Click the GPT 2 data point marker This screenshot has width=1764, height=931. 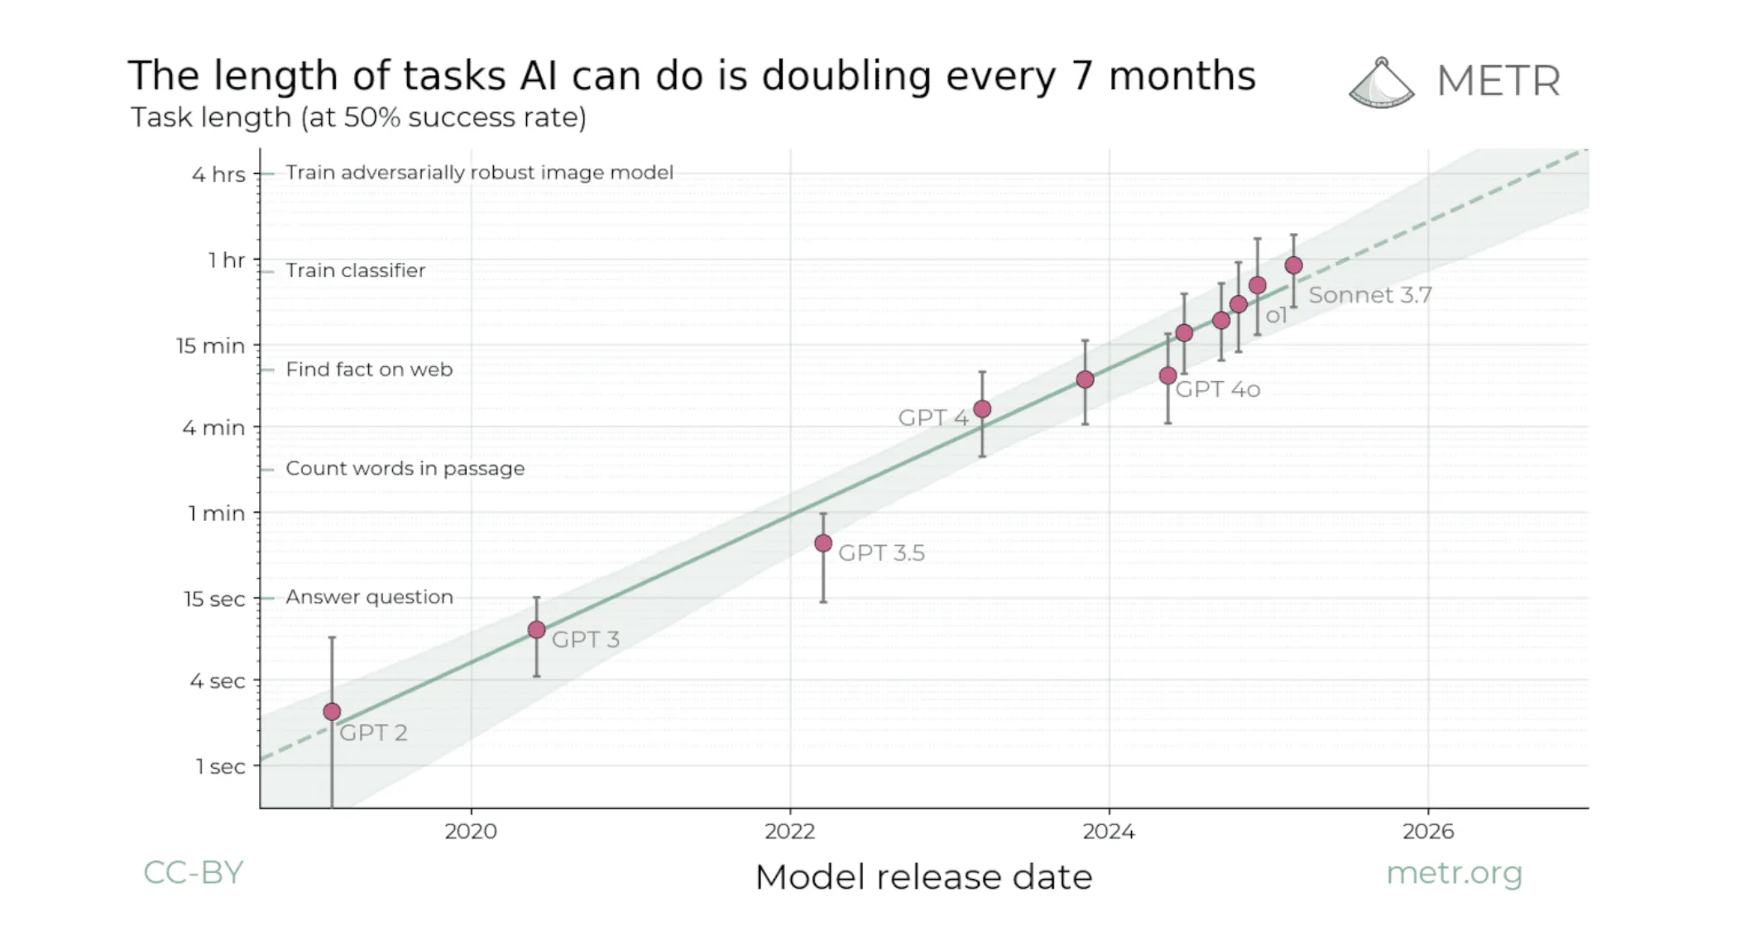click(332, 712)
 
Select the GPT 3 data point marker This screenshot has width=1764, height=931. click(536, 630)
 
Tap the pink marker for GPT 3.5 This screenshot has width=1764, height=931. click(823, 543)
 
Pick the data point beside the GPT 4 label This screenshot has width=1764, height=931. click(982, 409)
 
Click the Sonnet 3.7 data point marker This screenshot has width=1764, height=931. click(1293, 265)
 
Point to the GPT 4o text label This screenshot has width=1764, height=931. click(1217, 389)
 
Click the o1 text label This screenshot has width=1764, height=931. click(1276, 316)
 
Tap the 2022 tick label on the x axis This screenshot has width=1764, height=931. click(789, 832)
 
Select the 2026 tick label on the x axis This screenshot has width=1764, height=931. click(1427, 832)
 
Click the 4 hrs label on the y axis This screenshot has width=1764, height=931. click(218, 174)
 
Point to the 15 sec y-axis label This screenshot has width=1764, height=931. click(214, 599)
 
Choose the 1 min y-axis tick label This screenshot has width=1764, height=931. click(217, 513)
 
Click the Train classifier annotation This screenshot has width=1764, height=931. click(355, 270)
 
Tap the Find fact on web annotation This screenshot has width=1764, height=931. click(369, 370)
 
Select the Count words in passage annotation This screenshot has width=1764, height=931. click(405, 469)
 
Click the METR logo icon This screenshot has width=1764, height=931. click(1381, 83)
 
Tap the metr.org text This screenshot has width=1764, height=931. click(1454, 873)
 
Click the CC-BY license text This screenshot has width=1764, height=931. click(193, 873)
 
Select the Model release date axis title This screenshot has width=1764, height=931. click(923, 877)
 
